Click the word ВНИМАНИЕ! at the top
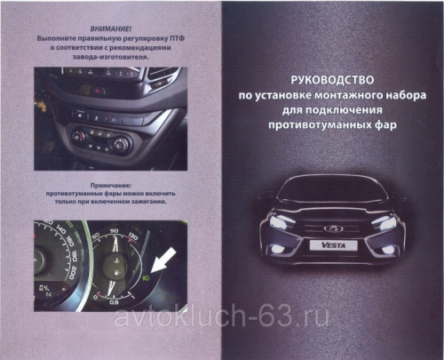point(110,29)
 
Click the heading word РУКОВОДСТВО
point(332,80)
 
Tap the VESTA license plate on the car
point(333,245)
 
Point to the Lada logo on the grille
point(333,228)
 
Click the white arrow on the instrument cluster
point(163,260)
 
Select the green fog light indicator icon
point(147,278)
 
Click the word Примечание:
point(110,186)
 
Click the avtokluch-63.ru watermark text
point(221,318)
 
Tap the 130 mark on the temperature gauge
point(132,237)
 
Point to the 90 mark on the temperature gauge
point(114,231)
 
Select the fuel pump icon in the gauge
point(117,272)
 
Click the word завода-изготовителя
point(111,57)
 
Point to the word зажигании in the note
point(148,202)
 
